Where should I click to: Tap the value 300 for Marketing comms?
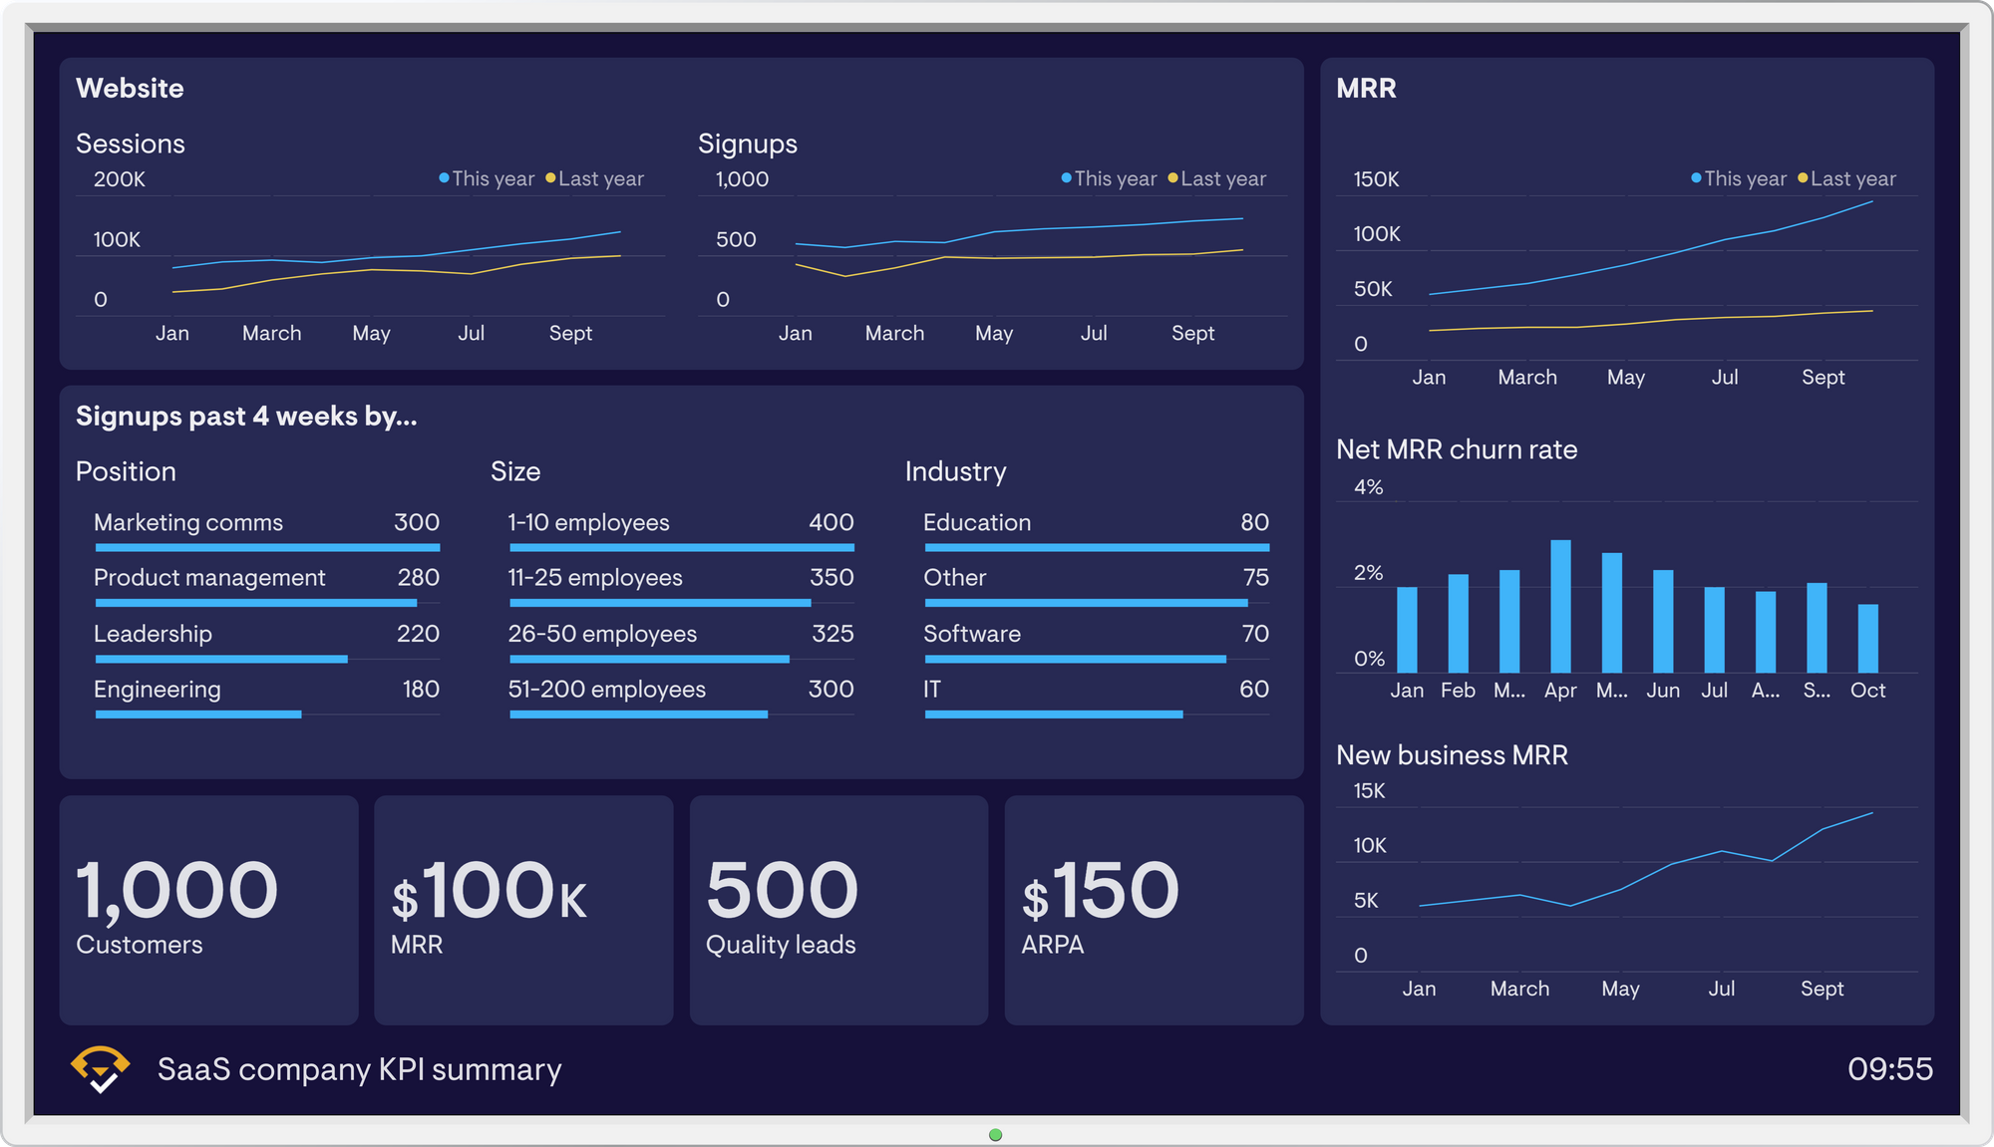[416, 522]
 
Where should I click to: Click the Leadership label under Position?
[153, 634]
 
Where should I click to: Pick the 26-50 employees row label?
[602, 634]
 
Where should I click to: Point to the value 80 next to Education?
[1253, 522]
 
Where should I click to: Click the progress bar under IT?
[1053, 715]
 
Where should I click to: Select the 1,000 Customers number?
[177, 890]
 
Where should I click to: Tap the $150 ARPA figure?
[1101, 890]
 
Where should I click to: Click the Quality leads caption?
[781, 945]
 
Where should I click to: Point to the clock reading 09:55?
[1889, 1069]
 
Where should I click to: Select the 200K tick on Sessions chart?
[120, 179]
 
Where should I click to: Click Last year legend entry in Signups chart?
[1216, 179]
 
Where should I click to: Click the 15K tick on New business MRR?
[1369, 791]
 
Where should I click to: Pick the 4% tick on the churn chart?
[1368, 487]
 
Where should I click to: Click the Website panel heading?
[130, 89]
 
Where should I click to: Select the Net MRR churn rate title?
[1457, 449]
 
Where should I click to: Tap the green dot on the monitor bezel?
[995, 1135]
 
